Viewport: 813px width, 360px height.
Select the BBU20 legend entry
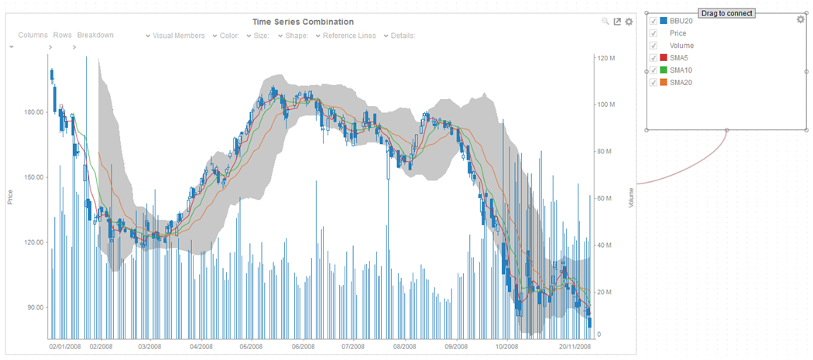(681, 21)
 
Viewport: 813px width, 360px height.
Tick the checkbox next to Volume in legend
(654, 46)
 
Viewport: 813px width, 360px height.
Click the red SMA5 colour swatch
(664, 58)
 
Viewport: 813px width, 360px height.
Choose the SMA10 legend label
(681, 70)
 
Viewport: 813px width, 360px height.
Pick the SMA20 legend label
(681, 83)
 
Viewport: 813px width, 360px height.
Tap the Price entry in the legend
(677, 33)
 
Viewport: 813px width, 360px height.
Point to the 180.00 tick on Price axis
(33, 112)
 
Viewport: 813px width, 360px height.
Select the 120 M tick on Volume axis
(606, 59)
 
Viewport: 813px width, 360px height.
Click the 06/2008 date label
(303, 348)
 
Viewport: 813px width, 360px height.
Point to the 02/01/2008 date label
(65, 348)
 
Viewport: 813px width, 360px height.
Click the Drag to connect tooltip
(726, 13)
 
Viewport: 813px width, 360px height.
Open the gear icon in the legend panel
(801, 19)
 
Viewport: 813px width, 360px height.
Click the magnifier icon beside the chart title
(605, 22)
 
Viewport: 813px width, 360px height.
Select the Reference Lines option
(349, 36)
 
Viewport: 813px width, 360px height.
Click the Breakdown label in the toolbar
(95, 36)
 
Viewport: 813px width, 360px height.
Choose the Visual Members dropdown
(179, 36)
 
